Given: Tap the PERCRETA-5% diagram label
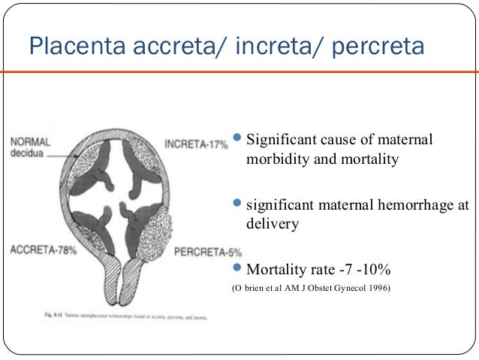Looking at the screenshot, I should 202,252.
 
